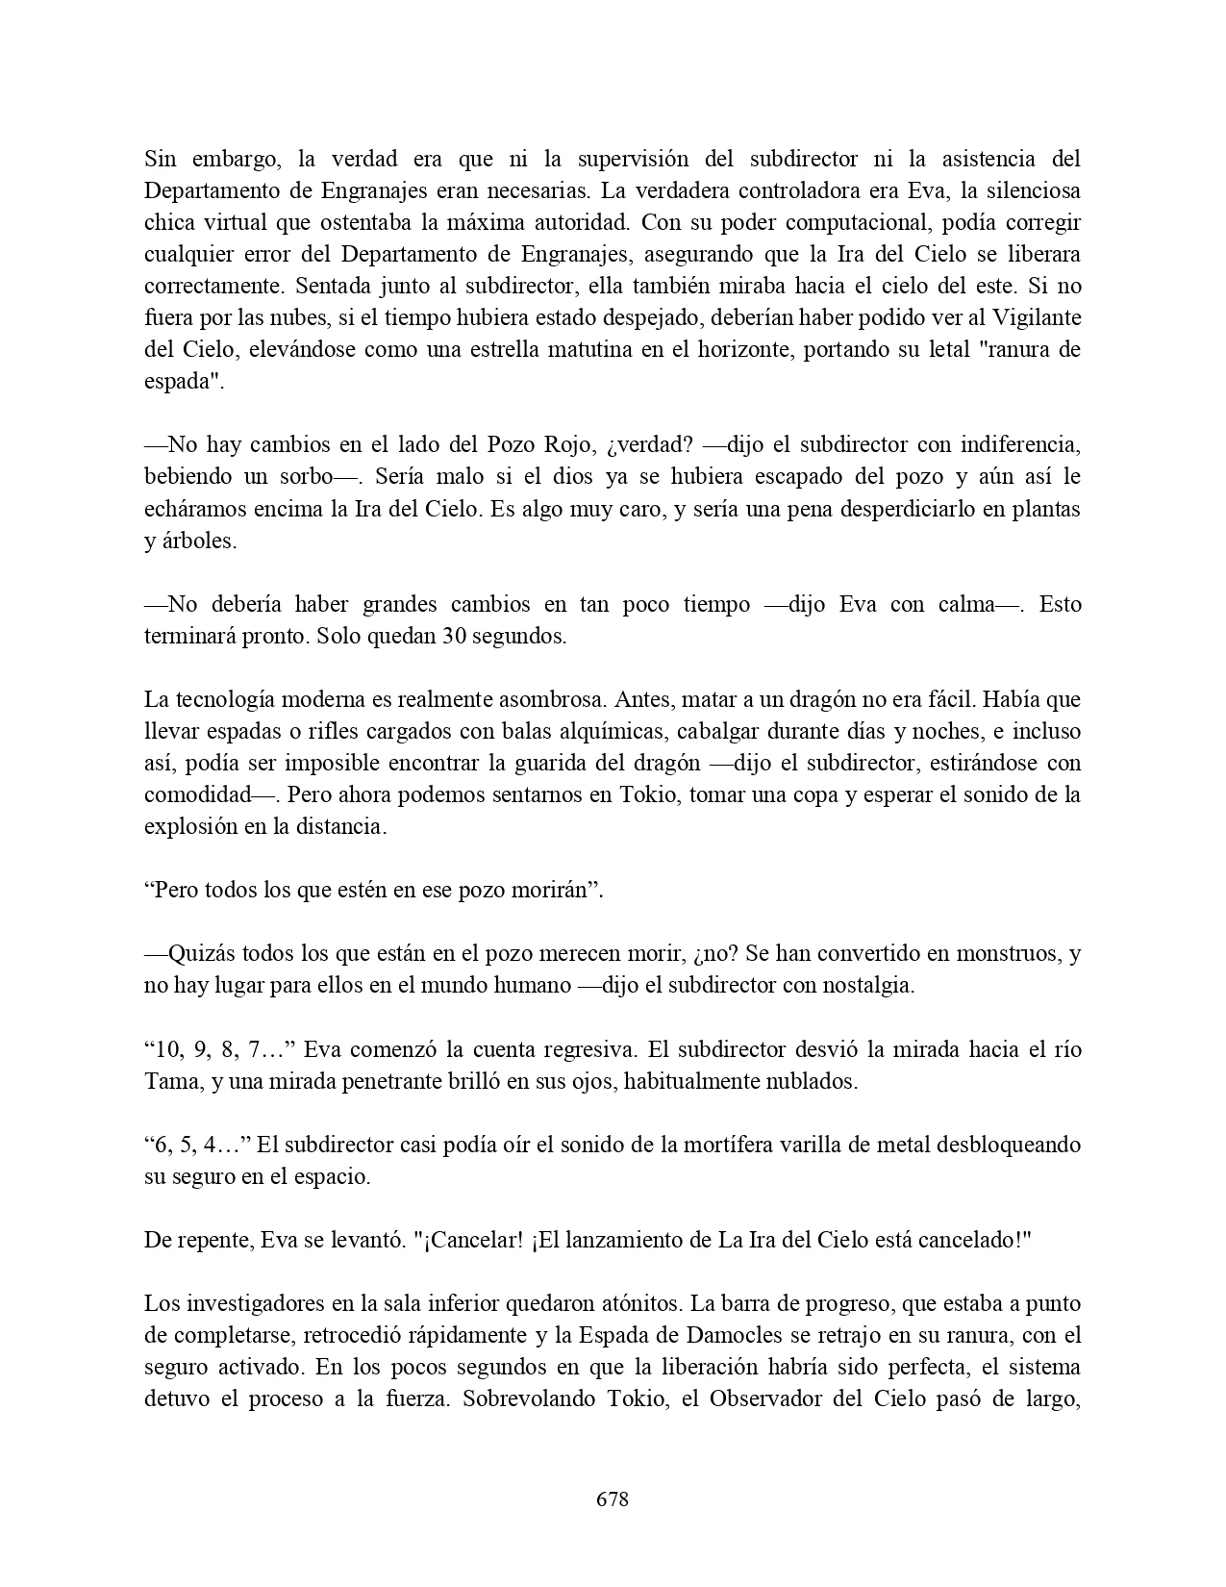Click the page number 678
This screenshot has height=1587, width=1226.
point(613,1499)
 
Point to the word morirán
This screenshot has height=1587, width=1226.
point(563,890)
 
